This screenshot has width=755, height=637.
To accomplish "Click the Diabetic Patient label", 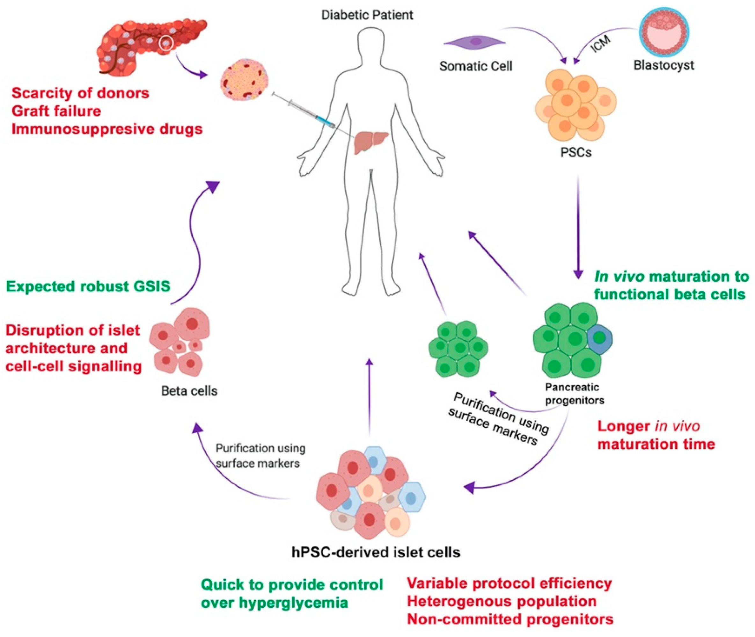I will [x=367, y=15].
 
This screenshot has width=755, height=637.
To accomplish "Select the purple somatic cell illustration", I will [x=475, y=42].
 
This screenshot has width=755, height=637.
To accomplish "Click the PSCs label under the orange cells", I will [x=576, y=152].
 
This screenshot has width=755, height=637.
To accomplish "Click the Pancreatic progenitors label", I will [x=574, y=394].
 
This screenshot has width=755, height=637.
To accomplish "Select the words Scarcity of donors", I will [x=80, y=93].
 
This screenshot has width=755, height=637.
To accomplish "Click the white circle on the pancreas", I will [x=166, y=43].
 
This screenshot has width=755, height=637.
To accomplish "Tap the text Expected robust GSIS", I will [x=88, y=286].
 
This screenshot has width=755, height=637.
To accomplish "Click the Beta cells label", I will [x=189, y=391].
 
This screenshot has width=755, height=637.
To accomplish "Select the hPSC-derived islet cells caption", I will [x=376, y=552].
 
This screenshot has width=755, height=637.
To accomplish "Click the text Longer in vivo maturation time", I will [x=656, y=435].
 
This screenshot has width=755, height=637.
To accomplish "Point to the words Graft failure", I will [x=56, y=111].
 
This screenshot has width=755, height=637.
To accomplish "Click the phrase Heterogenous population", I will [x=502, y=601].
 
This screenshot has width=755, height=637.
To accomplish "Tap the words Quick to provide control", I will [x=291, y=584].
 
